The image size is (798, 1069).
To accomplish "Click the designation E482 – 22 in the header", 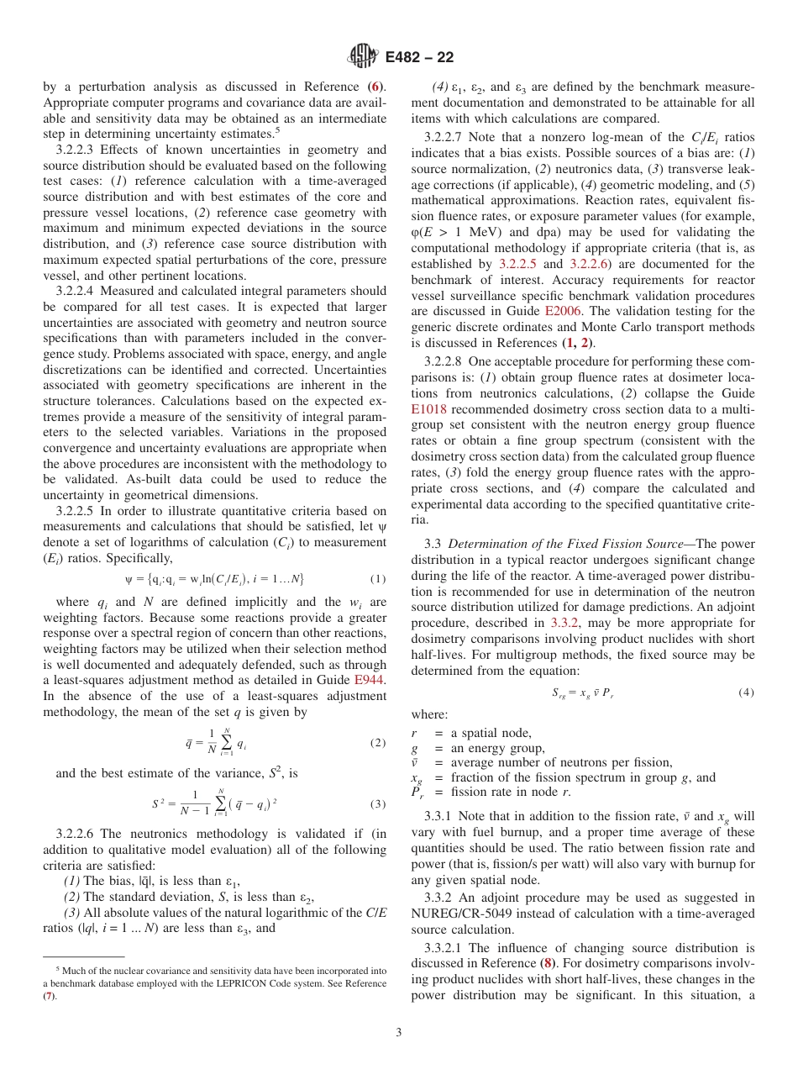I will (x=419, y=57).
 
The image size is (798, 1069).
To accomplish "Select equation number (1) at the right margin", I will (x=378, y=579).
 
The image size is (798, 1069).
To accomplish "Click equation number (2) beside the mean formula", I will (x=378, y=743).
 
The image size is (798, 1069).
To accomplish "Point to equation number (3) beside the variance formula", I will (x=378, y=804).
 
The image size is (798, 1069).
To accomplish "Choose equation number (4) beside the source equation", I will (x=746, y=692).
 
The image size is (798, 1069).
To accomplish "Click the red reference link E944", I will (x=370, y=681).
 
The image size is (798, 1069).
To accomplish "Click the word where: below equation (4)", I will (x=429, y=714).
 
